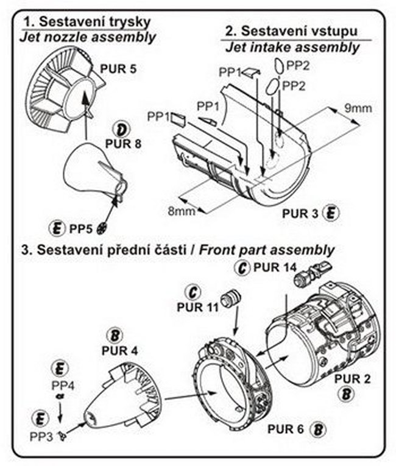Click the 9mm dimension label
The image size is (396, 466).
point(358,108)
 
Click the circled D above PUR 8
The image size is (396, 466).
point(122,129)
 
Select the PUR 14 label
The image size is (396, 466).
point(273,267)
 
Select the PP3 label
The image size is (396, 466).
point(42,436)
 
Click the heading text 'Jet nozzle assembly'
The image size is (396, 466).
point(88,37)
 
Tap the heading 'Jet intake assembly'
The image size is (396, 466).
point(292,46)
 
